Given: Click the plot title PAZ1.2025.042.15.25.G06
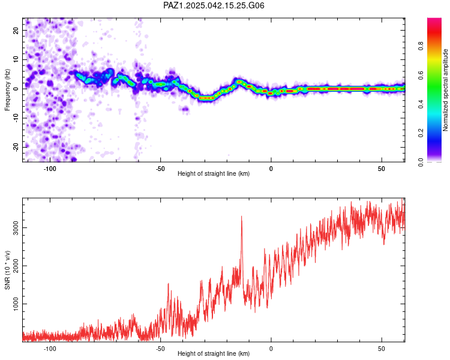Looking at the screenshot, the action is click(x=214, y=5).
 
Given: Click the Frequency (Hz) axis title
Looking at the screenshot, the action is click(x=7, y=90).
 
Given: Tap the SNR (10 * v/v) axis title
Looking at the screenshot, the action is click(x=7, y=270).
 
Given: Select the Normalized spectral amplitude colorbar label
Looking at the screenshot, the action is click(x=445, y=90).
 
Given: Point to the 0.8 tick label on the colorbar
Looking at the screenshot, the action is click(x=421, y=46).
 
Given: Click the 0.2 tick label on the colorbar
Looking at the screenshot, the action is click(x=421, y=133).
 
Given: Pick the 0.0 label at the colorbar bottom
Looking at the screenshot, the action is click(x=421, y=162).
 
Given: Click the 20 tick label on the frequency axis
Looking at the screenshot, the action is click(x=16, y=31).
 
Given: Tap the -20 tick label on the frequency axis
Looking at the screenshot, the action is click(x=16, y=147).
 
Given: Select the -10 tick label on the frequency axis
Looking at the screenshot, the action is click(x=16, y=118).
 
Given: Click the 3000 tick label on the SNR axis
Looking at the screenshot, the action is click(x=16, y=227).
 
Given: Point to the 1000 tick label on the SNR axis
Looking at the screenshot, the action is click(x=16, y=304).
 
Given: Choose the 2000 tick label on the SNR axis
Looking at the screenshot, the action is click(x=16, y=266).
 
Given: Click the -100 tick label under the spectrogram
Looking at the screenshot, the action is click(x=50, y=169).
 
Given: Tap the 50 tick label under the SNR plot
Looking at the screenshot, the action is click(x=382, y=349).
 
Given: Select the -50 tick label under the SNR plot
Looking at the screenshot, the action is click(x=160, y=349).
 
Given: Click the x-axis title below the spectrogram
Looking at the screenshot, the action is click(x=214, y=173).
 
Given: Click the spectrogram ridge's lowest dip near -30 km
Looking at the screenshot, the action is click(x=206, y=98).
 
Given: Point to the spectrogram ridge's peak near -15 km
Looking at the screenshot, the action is click(x=238, y=82).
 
